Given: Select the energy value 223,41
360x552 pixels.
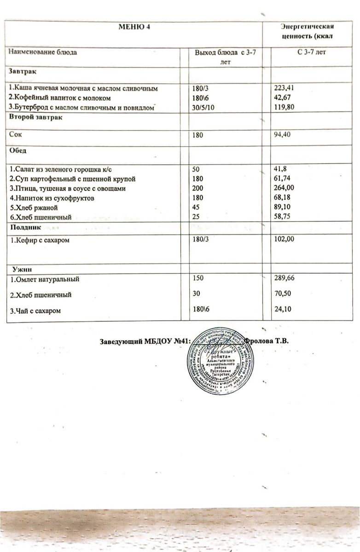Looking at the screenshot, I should (x=285, y=88).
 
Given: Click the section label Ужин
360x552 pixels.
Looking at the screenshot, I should (x=27, y=268).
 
